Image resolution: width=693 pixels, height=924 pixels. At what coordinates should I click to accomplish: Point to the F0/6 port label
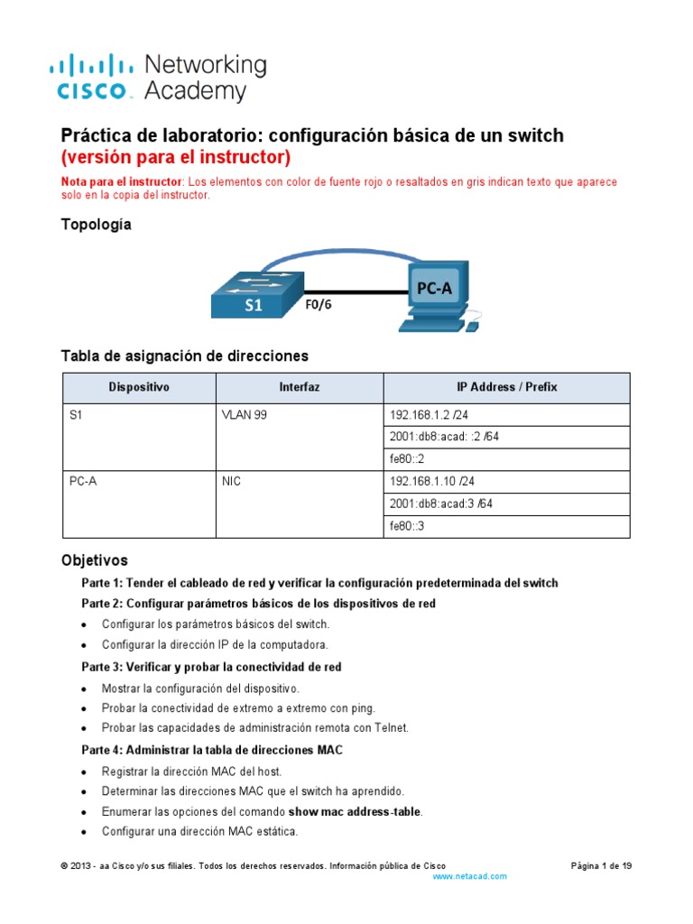click(x=318, y=304)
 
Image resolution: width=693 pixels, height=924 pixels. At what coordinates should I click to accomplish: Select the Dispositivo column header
click(x=138, y=387)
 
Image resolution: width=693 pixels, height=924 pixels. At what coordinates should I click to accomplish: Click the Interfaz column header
click(x=300, y=387)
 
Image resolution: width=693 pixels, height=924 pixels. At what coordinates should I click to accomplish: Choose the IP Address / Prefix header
click(x=506, y=387)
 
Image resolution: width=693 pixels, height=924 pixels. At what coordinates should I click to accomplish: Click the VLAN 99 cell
click(x=245, y=415)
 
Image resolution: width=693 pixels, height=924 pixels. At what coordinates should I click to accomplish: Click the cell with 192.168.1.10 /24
click(x=430, y=482)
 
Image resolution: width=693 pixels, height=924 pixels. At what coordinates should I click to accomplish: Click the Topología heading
click(x=96, y=225)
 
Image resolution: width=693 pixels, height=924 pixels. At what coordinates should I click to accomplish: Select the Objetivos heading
click(x=95, y=559)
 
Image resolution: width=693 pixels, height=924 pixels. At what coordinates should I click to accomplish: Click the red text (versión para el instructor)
click(x=175, y=158)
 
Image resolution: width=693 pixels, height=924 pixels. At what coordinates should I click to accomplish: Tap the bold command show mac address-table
click(x=355, y=811)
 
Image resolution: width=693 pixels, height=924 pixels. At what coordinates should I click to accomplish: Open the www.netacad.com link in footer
click(x=469, y=876)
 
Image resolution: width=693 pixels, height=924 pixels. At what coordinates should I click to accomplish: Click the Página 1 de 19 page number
click(x=601, y=865)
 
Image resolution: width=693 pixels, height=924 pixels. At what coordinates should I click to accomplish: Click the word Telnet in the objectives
click(x=388, y=727)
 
